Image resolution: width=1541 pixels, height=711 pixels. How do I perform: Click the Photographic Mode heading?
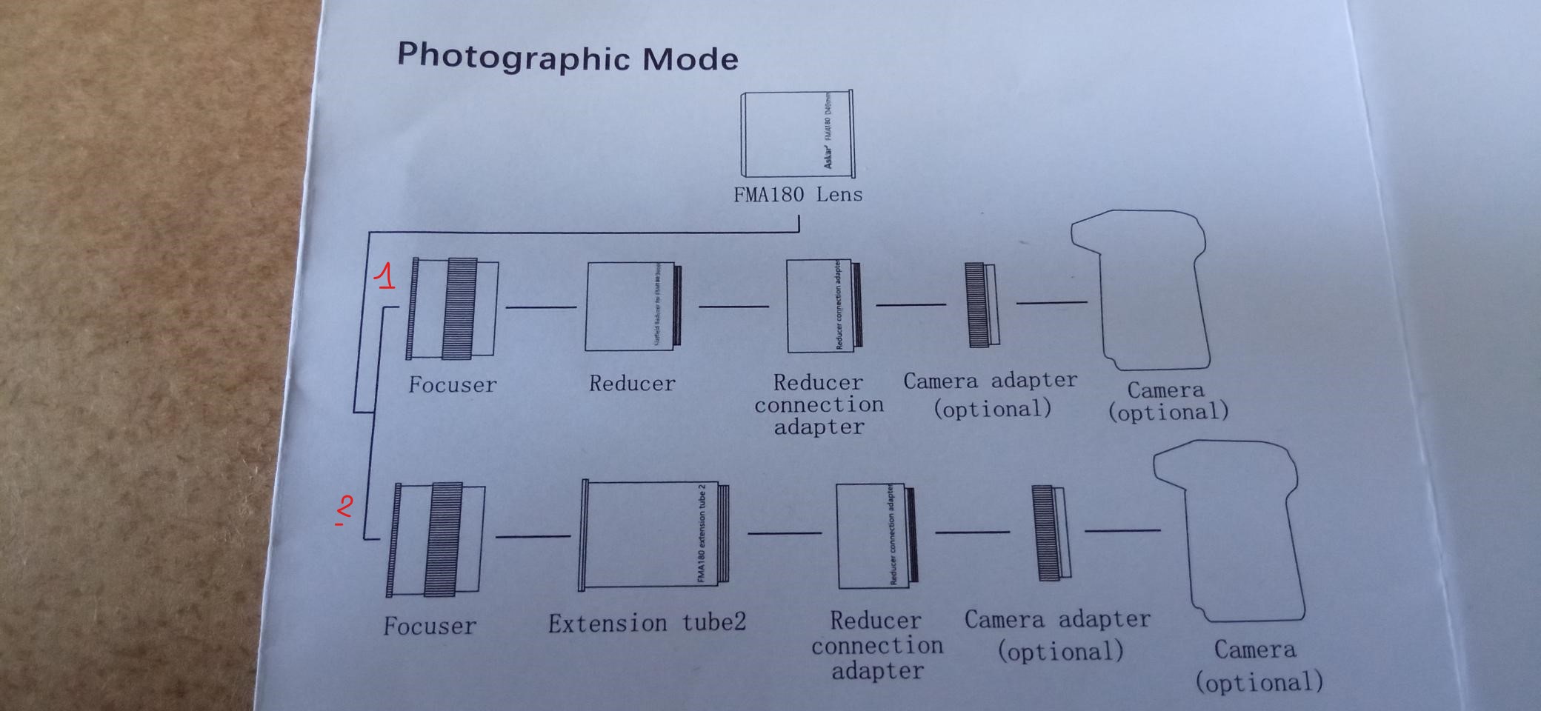[x=568, y=57]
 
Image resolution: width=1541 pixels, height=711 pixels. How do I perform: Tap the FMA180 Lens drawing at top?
[x=798, y=134]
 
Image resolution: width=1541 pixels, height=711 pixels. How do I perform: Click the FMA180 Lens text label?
[x=798, y=195]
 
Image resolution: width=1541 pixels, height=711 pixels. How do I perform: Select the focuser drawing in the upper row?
[x=453, y=308]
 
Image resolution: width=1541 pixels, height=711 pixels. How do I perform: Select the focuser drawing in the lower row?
[x=436, y=538]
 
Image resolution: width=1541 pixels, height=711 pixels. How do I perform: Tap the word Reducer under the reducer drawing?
[x=632, y=384]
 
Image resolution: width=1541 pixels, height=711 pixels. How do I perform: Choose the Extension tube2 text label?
[x=647, y=624]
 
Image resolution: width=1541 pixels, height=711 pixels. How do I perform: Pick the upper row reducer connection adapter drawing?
[x=824, y=305]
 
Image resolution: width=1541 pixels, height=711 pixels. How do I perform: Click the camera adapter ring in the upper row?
[x=982, y=304]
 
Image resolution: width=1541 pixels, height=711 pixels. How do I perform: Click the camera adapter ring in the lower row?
[x=1050, y=533]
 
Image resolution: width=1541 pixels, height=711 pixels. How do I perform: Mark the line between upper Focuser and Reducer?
[x=541, y=307]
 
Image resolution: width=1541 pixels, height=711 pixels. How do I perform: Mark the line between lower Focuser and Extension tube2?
[x=533, y=535]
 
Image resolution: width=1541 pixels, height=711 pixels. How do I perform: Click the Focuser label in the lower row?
[x=430, y=627]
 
